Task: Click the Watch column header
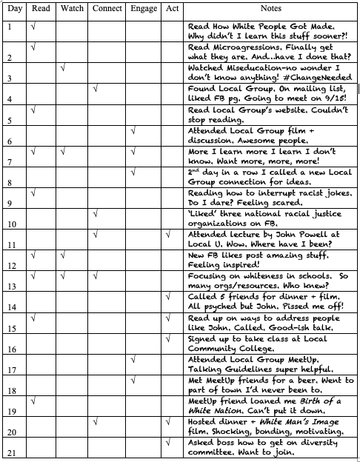pyautogui.click(x=72, y=7)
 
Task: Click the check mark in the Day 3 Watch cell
pyautogui.click(x=64, y=68)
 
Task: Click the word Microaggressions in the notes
pyautogui.click(x=240, y=47)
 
